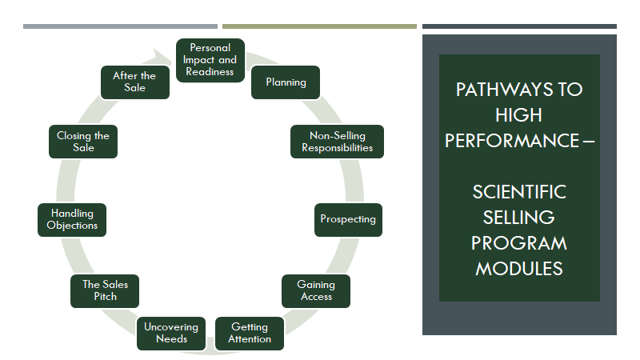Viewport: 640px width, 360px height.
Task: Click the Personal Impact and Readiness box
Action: (210, 60)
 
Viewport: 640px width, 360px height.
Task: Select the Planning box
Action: (286, 82)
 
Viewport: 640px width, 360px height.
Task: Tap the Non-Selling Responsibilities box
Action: (337, 142)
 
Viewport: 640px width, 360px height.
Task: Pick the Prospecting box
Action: (348, 219)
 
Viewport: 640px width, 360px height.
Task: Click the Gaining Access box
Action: (316, 291)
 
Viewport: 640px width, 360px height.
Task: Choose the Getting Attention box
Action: (250, 334)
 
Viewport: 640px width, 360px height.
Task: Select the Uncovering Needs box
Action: (171, 334)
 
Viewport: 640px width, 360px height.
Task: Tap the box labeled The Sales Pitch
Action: (105, 291)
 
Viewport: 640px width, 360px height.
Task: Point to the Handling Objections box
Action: (72, 219)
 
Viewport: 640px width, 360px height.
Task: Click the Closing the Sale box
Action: (83, 142)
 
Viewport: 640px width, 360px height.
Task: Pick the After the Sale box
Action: (135, 82)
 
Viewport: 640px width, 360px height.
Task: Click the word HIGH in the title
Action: (518, 115)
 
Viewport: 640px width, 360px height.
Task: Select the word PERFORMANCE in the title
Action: (512, 141)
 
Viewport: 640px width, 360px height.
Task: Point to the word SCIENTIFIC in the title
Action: (519, 192)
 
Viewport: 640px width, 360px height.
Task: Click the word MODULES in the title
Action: (519, 269)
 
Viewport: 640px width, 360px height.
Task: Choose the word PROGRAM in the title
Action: (519, 243)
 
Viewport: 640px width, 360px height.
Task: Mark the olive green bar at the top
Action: (319, 26)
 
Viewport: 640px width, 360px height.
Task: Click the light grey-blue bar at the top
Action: (121, 26)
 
